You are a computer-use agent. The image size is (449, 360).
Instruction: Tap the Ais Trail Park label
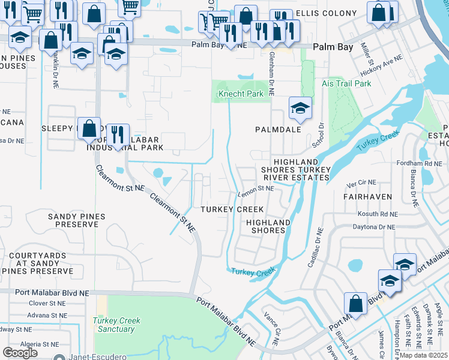[346, 83]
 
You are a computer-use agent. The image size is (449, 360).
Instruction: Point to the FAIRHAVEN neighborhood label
[367, 196]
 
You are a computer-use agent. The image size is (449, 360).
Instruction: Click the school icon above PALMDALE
[300, 109]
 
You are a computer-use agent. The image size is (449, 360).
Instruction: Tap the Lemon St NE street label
[256, 188]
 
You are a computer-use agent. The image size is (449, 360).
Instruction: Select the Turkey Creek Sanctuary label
[116, 325]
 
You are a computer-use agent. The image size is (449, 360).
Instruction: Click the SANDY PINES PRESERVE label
[76, 220]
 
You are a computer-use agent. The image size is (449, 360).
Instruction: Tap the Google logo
[20, 353]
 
